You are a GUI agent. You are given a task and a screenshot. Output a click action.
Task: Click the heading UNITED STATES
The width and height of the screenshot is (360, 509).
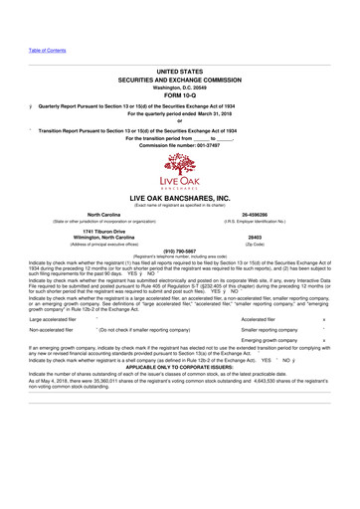click(x=180, y=73)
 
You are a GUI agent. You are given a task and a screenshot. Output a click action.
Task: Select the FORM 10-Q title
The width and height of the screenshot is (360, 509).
click(x=180, y=94)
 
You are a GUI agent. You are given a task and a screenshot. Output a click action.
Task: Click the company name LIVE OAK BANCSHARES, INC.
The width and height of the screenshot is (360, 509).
click(x=180, y=200)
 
